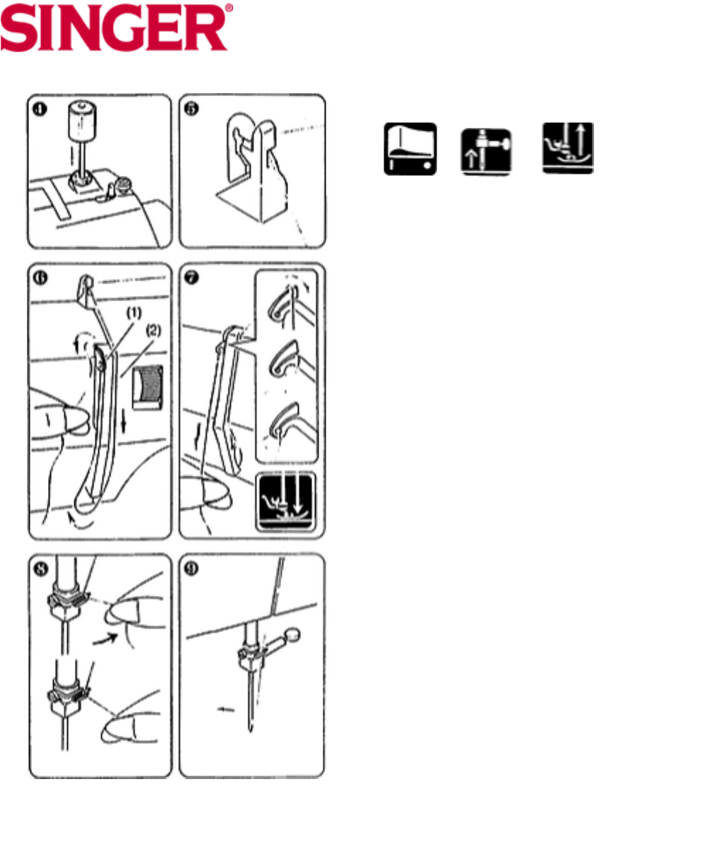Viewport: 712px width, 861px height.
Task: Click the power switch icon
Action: [410, 149]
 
